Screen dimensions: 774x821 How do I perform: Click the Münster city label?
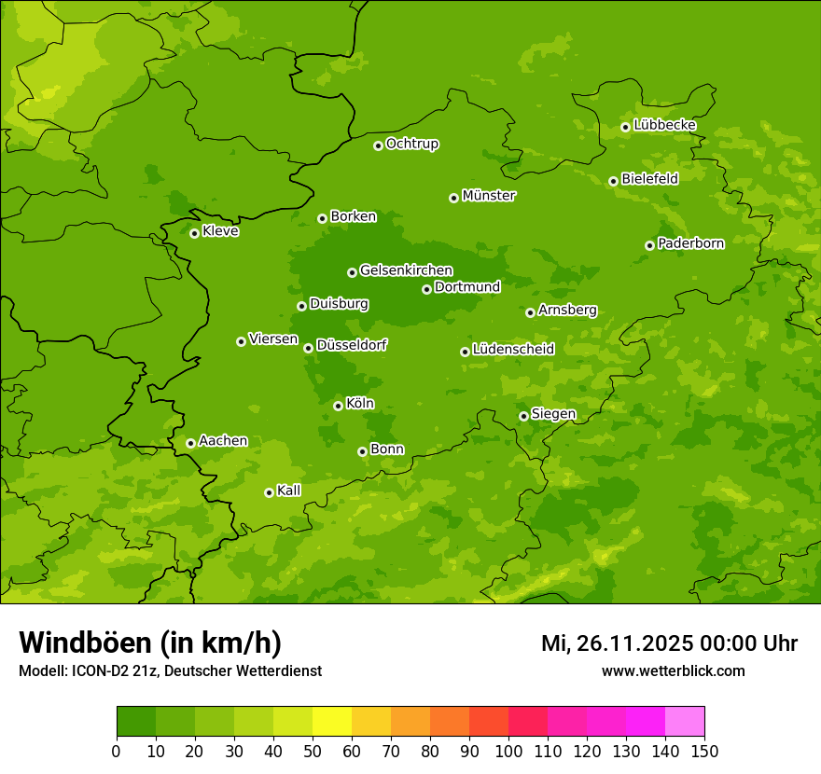[489, 196]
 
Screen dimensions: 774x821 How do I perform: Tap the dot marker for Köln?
[338, 406]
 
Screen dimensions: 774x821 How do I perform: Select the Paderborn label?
[690, 243]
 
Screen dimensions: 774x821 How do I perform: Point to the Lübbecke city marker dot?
[625, 127]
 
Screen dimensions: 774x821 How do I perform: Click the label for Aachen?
[223, 441]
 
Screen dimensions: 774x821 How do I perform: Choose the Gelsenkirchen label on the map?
[406, 270]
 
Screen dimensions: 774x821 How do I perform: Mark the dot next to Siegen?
[523, 416]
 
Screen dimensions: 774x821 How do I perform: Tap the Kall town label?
[289, 491]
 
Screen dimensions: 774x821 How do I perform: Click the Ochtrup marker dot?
[378, 145]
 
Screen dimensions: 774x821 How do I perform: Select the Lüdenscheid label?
[513, 350]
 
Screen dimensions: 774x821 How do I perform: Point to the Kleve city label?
[220, 231]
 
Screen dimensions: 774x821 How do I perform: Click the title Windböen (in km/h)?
[149, 643]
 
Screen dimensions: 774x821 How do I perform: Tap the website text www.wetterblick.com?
[673, 670]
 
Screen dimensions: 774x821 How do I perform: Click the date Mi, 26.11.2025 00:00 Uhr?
[669, 643]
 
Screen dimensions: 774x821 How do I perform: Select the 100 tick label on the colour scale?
[508, 752]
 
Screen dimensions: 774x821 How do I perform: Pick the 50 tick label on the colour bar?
[313, 752]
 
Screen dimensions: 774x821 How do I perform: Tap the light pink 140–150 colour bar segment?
[685, 722]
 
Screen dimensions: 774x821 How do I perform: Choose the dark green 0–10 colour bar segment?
[136, 722]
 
